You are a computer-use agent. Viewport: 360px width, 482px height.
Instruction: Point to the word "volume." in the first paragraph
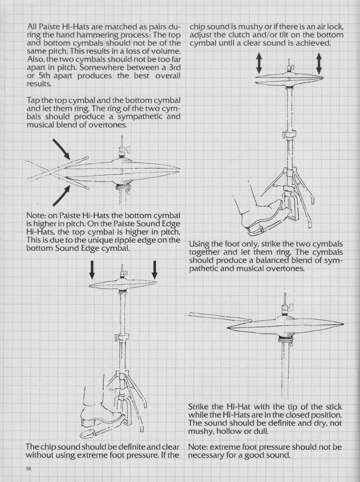click(167, 51)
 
